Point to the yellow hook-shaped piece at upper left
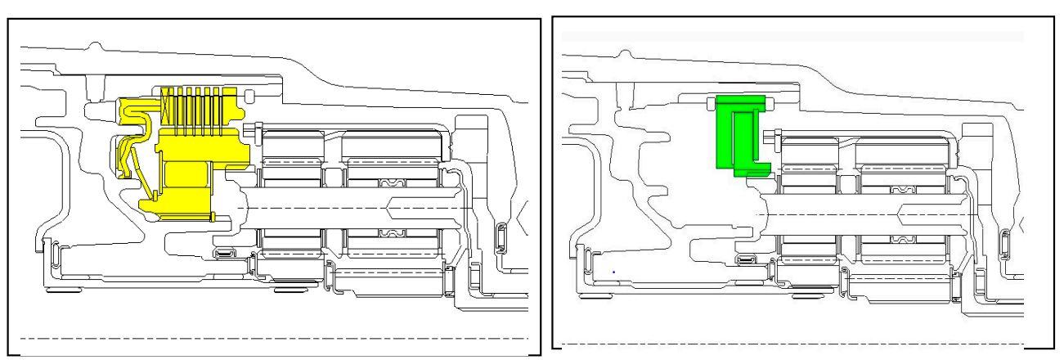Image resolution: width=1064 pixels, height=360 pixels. (x=131, y=110)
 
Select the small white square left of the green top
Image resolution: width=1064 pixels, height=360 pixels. (x=711, y=101)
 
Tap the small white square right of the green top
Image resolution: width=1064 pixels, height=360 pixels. (x=770, y=101)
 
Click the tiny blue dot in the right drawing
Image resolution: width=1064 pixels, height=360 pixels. (x=613, y=271)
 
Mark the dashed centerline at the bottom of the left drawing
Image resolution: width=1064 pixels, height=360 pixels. (x=270, y=337)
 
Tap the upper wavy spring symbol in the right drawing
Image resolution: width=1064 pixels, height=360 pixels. (x=902, y=189)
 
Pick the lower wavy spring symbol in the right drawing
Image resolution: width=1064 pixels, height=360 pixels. (x=902, y=239)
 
